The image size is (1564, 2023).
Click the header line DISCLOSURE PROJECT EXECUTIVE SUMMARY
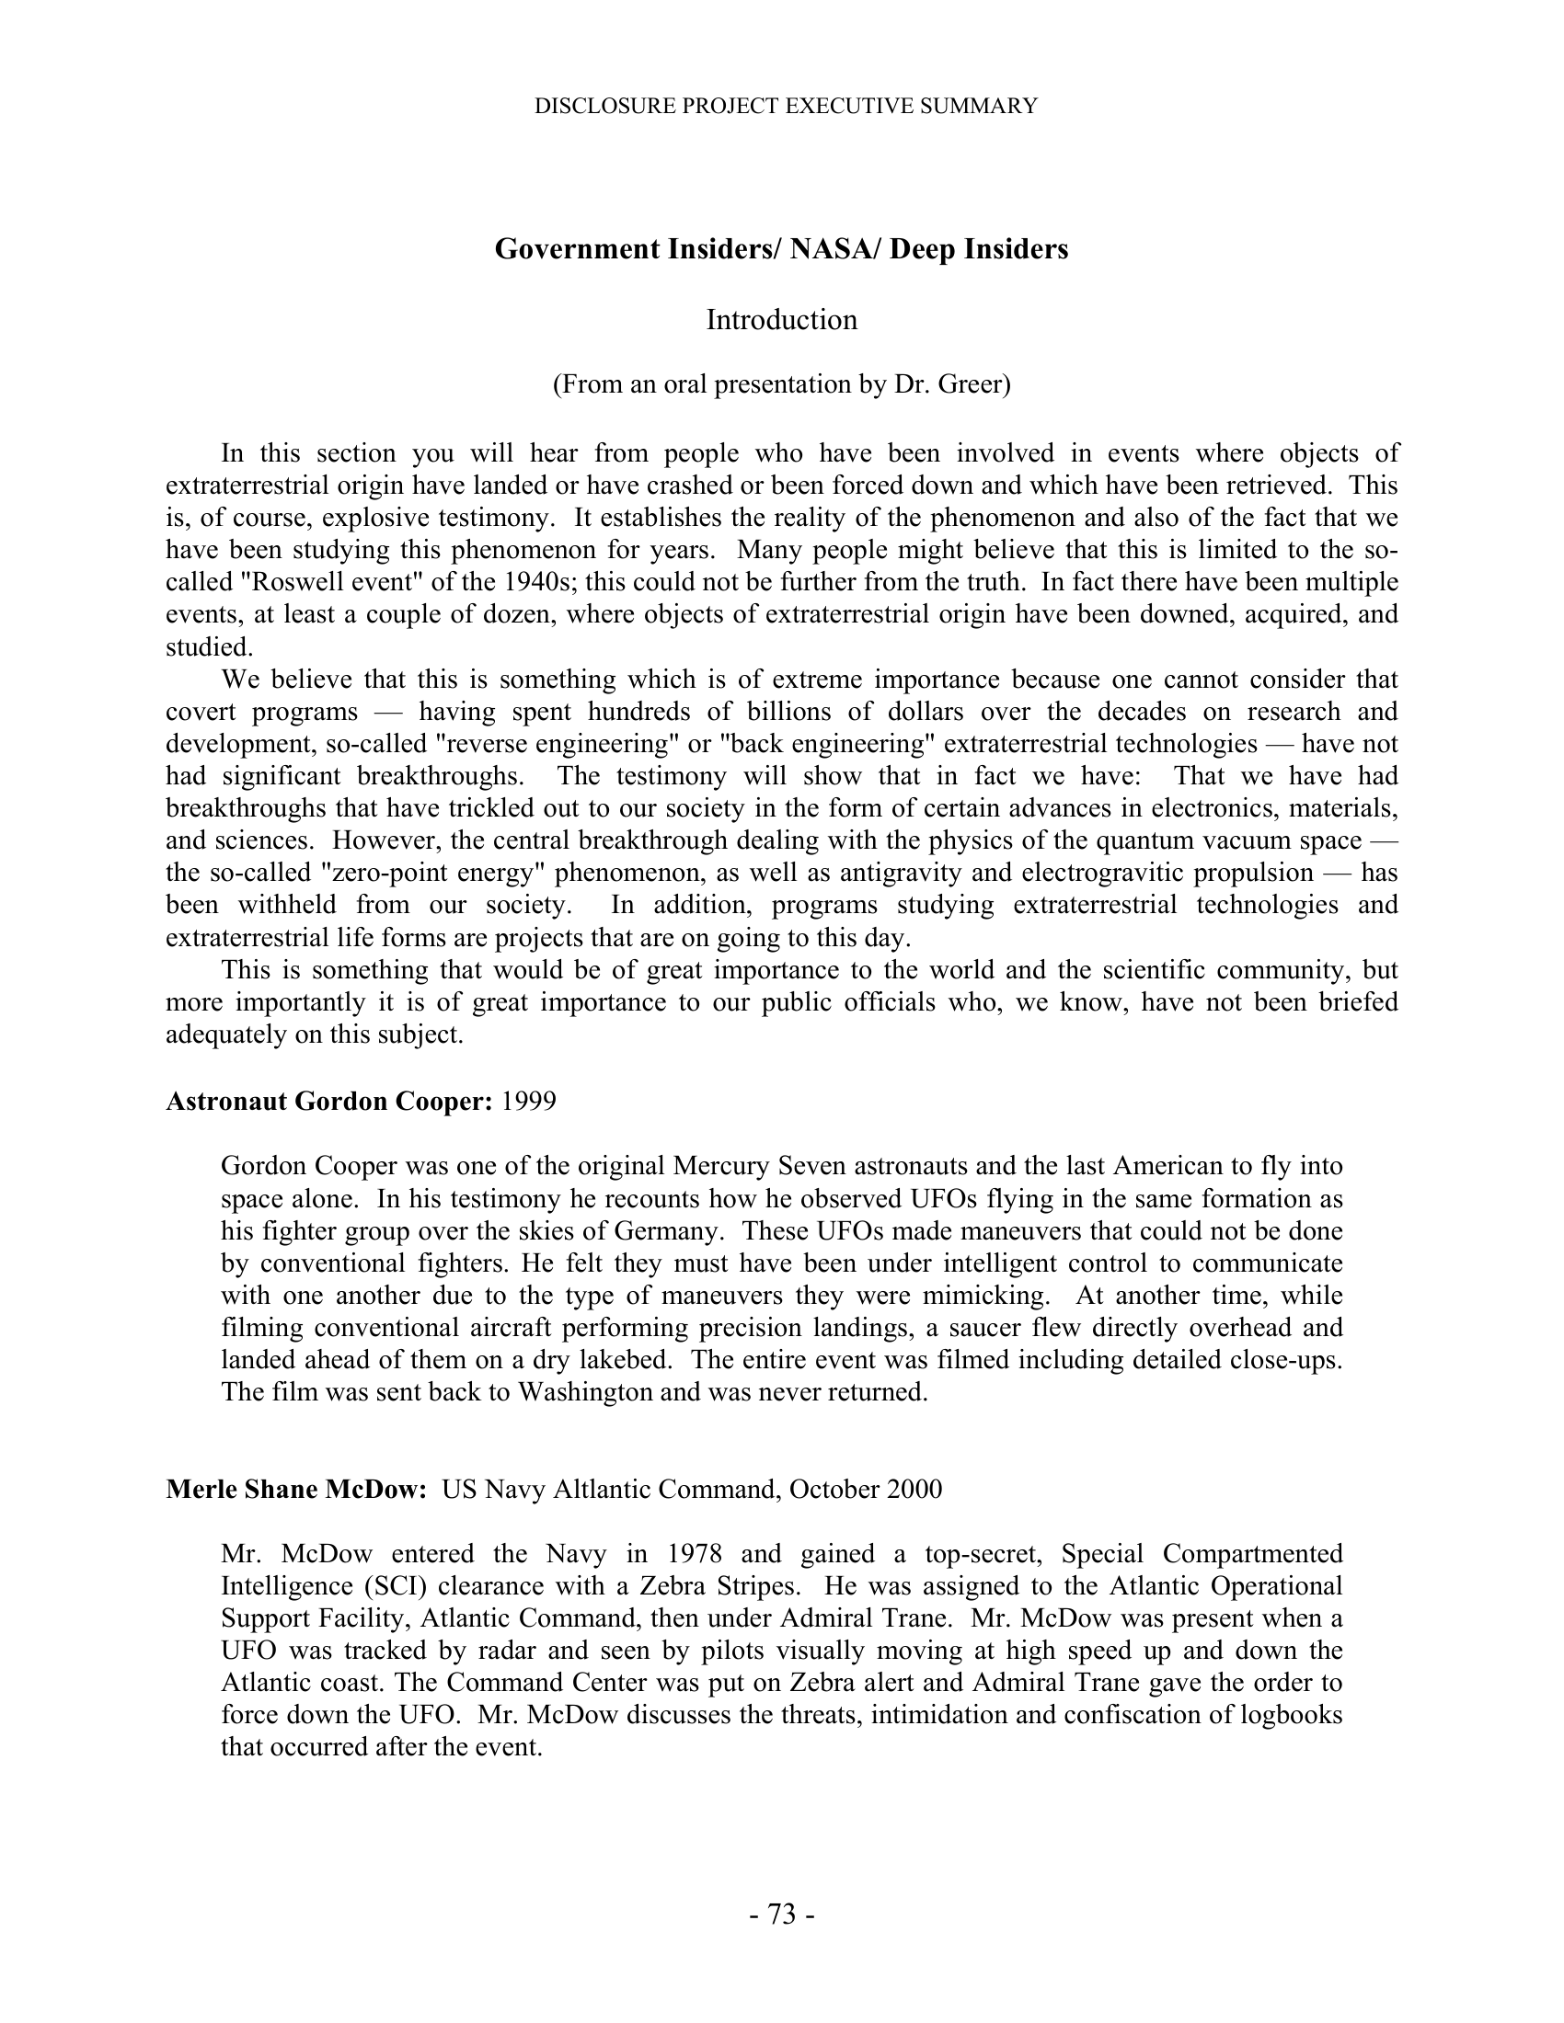786,107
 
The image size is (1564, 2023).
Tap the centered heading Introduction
781,320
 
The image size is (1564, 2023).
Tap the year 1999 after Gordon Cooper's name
528,1102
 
